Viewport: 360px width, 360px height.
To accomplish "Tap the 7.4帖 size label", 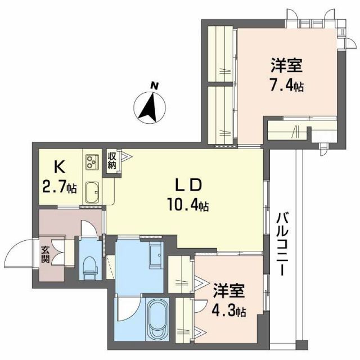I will [287, 87].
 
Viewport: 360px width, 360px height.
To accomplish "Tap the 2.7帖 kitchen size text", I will [60, 187].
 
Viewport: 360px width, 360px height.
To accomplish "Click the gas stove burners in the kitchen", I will [91, 163].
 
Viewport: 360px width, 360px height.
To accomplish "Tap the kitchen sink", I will [92, 193].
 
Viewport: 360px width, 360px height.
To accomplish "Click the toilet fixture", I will [89, 265].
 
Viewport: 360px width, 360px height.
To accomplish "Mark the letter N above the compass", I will [154, 85].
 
